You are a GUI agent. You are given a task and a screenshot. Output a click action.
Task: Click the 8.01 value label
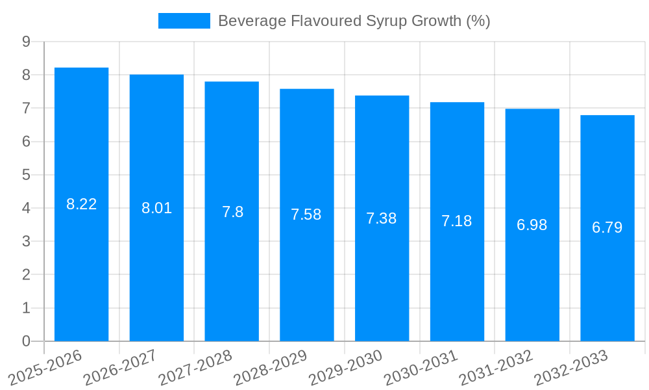pyautogui.click(x=156, y=209)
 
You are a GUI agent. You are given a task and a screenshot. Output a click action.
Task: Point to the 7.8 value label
pyautogui.click(x=232, y=212)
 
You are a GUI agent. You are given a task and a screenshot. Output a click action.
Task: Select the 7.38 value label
pyautogui.click(x=382, y=218)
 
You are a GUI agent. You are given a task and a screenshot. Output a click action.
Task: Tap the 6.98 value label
pyautogui.click(x=532, y=225)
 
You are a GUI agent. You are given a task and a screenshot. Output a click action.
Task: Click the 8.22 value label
pyautogui.click(x=81, y=204)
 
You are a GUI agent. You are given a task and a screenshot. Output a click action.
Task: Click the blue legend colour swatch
pyautogui.click(x=184, y=21)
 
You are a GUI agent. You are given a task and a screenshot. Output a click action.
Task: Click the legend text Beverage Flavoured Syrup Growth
pyautogui.click(x=354, y=21)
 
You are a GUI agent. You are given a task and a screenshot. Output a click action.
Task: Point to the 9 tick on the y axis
pyautogui.click(x=26, y=42)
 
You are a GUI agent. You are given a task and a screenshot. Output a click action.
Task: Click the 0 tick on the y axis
pyautogui.click(x=26, y=341)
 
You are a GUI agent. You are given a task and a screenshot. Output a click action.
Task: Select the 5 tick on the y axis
pyautogui.click(x=26, y=175)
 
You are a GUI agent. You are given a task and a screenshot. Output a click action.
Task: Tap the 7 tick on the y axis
pyautogui.click(x=26, y=109)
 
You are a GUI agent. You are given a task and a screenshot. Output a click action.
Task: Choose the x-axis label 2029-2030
pyautogui.click(x=345, y=368)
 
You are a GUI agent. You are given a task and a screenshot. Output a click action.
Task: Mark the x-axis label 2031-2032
pyautogui.click(x=495, y=368)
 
